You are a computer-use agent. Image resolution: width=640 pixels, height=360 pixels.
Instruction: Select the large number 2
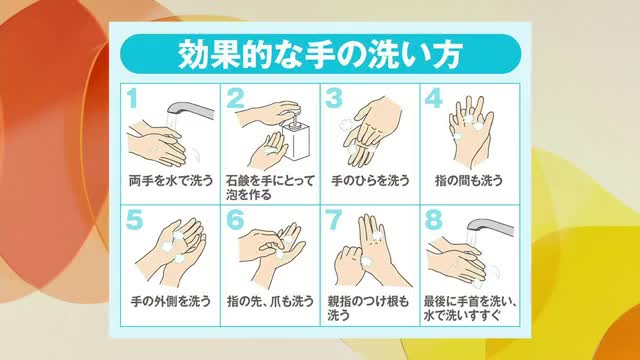click(x=236, y=98)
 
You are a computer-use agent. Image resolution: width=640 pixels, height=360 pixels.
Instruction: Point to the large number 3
click(x=334, y=98)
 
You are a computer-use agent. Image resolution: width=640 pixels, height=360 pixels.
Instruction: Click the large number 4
click(x=433, y=98)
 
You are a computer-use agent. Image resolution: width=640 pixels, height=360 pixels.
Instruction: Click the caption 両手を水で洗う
click(x=170, y=181)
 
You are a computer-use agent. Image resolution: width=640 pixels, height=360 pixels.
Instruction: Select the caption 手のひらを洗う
click(x=368, y=181)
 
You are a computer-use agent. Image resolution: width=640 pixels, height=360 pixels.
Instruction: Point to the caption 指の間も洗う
click(x=468, y=181)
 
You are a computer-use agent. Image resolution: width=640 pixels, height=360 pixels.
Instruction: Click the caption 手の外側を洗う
click(x=170, y=297)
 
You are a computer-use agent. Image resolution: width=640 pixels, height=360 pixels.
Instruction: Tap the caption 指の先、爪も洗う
click(x=269, y=297)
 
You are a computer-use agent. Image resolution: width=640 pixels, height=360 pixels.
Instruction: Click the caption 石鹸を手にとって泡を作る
click(x=269, y=187)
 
